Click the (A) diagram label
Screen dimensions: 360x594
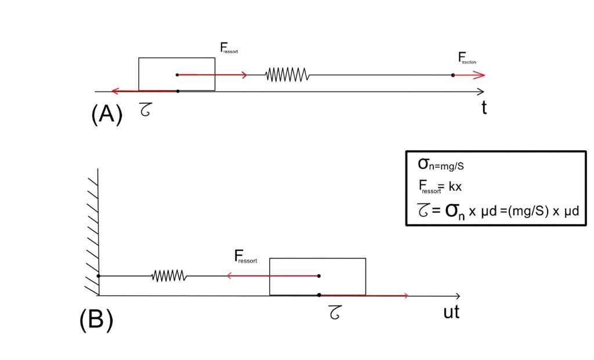pos(107,114)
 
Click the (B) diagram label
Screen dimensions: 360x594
pos(96,319)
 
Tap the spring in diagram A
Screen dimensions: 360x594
pos(287,75)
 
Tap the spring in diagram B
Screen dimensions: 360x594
pos(169,276)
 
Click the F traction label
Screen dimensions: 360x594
pos(467,58)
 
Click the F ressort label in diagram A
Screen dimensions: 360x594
pos(229,48)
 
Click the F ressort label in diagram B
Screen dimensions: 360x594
pos(245,256)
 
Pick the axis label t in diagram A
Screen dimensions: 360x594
pos(484,107)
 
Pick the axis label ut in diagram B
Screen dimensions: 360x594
pos(451,312)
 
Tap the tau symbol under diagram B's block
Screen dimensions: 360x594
pos(335,313)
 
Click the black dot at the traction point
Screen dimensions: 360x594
pos(453,75)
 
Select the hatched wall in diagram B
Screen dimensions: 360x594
pos(92,232)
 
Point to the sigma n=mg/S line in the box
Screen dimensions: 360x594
pos(441,165)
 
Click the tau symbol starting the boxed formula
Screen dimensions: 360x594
pos(423,209)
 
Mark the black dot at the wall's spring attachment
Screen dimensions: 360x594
pos(99,276)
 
